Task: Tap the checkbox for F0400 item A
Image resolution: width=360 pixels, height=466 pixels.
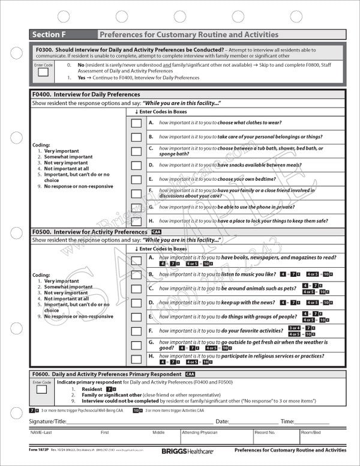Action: [136, 123]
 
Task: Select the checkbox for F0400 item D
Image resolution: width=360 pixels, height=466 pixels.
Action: [136, 165]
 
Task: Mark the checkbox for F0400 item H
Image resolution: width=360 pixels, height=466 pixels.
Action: [136, 221]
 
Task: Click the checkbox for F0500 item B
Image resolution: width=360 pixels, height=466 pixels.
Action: [136, 274]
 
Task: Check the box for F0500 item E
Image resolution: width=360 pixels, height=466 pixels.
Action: [136, 316]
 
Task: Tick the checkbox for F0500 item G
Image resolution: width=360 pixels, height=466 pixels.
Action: [136, 345]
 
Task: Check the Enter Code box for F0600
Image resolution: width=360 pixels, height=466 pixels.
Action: [42, 389]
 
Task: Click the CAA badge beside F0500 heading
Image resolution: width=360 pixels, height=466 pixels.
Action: [156, 231]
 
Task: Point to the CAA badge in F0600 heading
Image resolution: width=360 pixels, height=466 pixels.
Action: [190, 374]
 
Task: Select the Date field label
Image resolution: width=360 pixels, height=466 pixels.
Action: [222, 422]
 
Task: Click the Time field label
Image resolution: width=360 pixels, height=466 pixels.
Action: [287, 422]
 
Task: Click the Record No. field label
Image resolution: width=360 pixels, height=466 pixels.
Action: [265, 432]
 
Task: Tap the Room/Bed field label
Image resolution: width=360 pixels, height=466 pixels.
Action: [311, 432]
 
